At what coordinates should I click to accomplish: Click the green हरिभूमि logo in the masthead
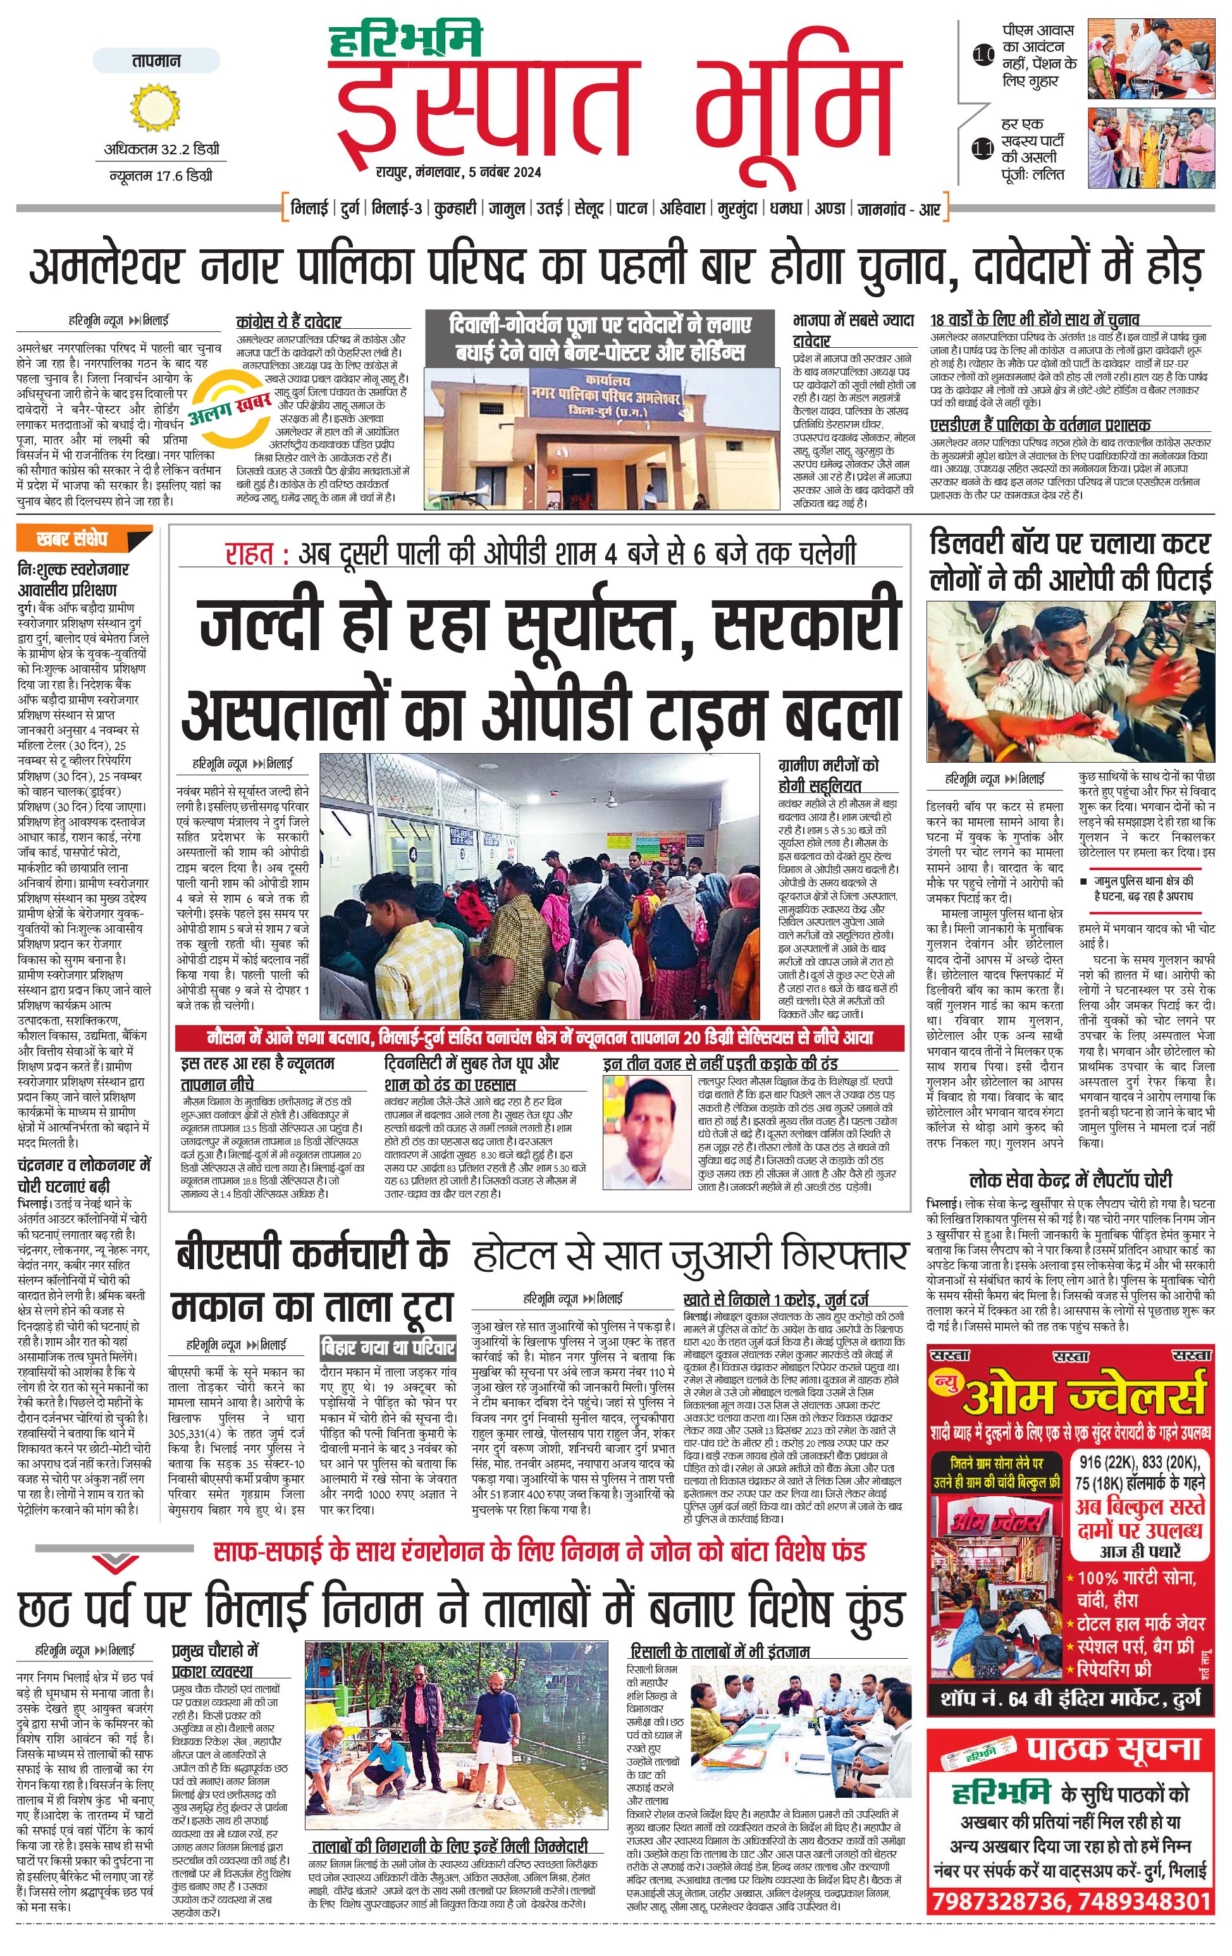click(x=405, y=40)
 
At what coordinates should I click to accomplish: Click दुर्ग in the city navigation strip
click(x=350, y=209)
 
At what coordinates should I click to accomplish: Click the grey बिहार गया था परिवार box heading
click(x=388, y=1347)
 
